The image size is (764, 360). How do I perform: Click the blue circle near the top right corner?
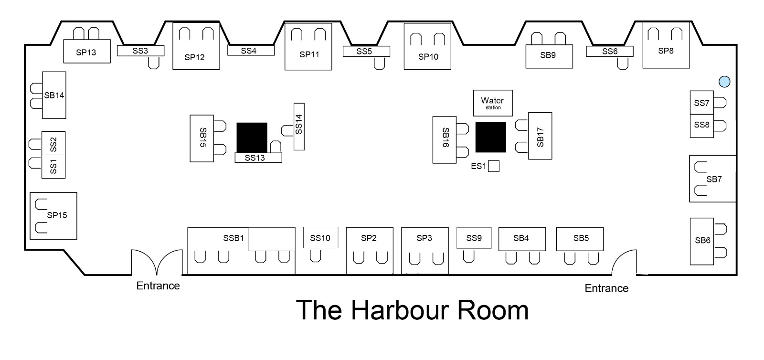724,82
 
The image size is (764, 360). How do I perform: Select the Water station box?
493,103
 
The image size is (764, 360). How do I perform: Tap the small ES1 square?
494,166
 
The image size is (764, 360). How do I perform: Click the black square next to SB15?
252,138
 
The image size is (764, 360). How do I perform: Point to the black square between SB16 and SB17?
490,137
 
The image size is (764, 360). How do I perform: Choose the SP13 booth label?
86,53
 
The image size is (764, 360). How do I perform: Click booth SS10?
320,238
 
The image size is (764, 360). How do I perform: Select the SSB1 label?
233,238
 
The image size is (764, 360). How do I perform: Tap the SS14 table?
299,127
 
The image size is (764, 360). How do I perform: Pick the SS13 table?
258,158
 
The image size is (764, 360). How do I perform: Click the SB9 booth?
549,56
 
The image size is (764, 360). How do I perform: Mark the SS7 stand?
701,103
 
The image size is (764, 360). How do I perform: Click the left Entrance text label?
158,286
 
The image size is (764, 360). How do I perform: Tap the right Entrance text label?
606,288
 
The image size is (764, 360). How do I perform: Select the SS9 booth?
474,238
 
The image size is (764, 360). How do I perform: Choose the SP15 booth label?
57,215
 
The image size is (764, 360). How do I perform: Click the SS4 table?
251,50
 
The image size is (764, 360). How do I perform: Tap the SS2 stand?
53,143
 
